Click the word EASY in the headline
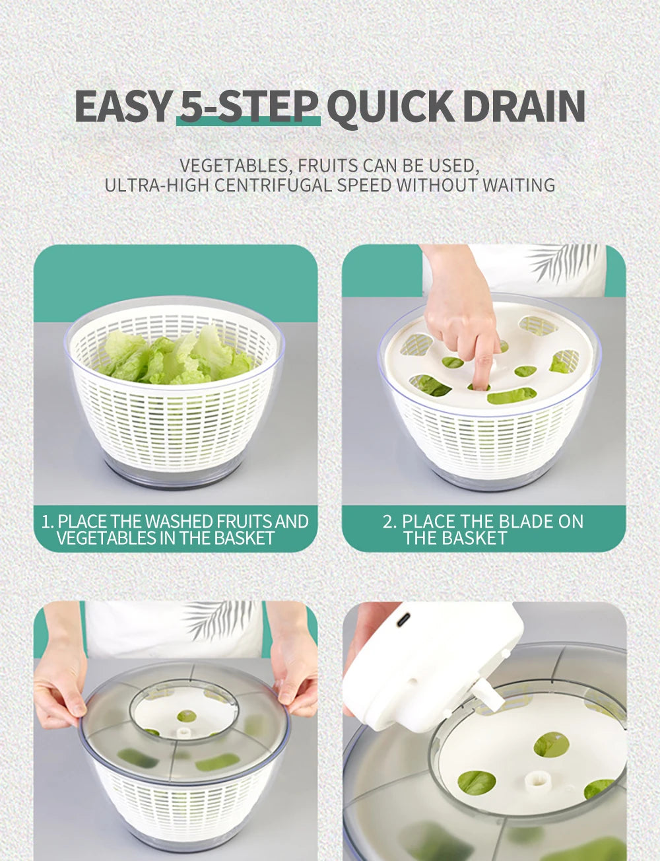tap(122, 106)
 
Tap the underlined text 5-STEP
tap(248, 106)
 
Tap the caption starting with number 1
tap(175, 530)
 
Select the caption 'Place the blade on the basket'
tap(483, 530)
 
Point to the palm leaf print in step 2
tap(564, 261)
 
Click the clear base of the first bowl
tap(175, 472)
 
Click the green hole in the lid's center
tap(186, 716)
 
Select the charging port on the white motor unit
tap(403, 620)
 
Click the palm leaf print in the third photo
tap(218, 617)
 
